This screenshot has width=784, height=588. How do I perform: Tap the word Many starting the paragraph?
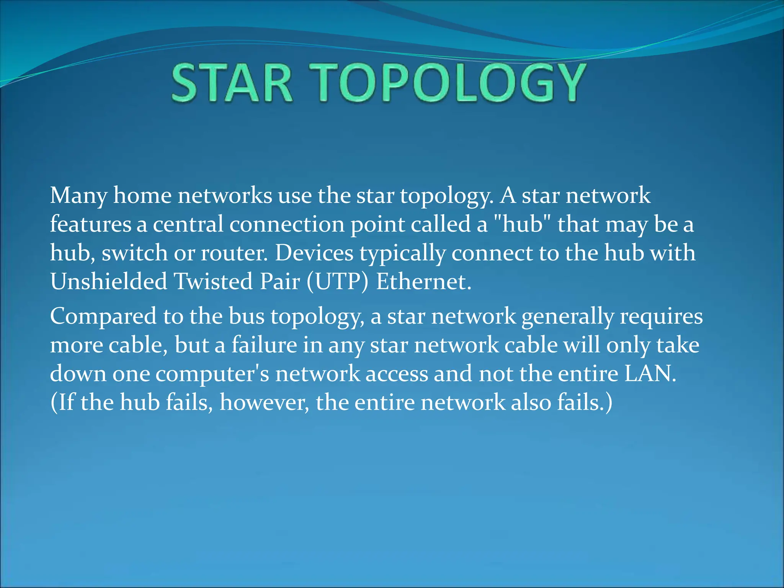(x=78, y=196)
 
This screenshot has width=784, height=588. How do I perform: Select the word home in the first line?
(x=142, y=196)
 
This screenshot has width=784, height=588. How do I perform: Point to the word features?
(x=90, y=224)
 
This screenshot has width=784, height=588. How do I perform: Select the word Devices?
(x=314, y=253)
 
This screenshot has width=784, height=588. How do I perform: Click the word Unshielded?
(x=109, y=282)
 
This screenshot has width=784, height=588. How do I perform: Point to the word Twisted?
(x=214, y=282)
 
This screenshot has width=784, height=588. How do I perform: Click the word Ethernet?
(x=423, y=282)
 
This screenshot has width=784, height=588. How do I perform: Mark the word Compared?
(x=103, y=317)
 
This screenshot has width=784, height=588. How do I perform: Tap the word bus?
(x=247, y=317)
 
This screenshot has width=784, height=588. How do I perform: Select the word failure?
(x=264, y=345)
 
